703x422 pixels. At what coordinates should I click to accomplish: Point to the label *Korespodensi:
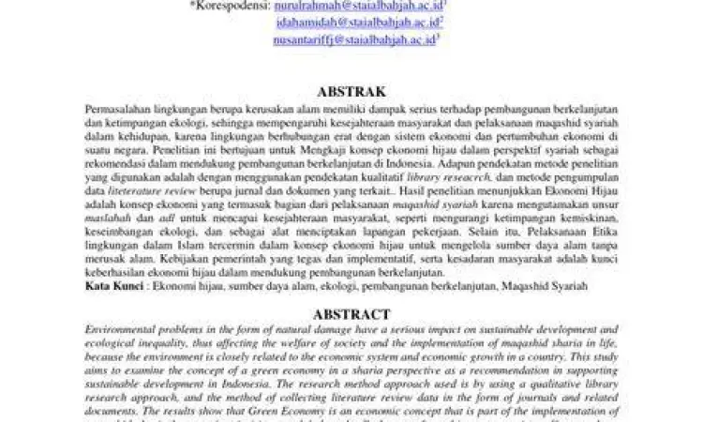pyautogui.click(x=230, y=6)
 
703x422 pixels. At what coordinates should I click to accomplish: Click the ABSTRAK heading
pyautogui.click(x=351, y=92)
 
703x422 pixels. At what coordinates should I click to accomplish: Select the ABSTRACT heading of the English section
pyautogui.click(x=351, y=315)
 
